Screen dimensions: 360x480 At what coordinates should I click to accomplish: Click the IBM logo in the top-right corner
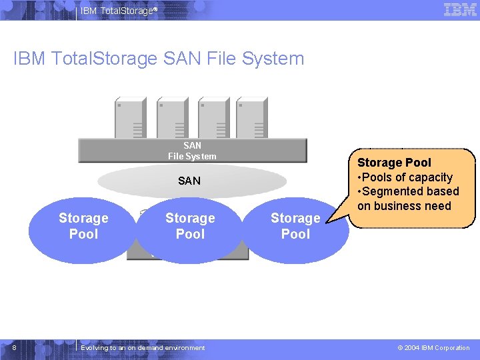[460, 10]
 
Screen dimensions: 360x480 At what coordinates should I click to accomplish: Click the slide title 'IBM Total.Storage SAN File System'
[159, 59]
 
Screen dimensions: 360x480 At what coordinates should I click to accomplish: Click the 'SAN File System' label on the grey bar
[192, 151]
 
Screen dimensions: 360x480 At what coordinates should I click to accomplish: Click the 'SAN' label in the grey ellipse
[189, 181]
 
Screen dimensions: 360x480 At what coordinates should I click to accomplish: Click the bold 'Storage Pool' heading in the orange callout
[394, 163]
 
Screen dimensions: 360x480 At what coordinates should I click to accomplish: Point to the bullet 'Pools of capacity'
[407, 177]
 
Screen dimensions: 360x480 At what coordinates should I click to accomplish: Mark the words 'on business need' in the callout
[404, 206]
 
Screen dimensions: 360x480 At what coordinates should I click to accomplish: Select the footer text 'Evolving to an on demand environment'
[143, 347]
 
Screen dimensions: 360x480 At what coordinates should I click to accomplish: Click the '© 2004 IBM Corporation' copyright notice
[433, 347]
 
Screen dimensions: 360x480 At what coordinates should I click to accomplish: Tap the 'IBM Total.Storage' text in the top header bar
[118, 10]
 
